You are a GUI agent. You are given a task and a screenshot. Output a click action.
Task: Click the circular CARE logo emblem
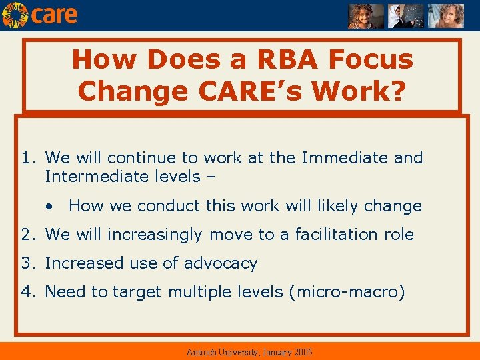coord(15,15)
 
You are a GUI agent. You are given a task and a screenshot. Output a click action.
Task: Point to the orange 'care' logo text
coord(54,15)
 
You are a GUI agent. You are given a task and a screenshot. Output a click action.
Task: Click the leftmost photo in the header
coord(366,16)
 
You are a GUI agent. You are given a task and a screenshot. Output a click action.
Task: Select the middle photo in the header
coord(406,16)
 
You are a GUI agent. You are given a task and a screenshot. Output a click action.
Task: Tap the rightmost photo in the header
coord(445,16)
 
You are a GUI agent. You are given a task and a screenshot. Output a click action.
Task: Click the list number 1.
coord(27,158)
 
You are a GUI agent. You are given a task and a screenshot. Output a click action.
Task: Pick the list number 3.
coord(27,263)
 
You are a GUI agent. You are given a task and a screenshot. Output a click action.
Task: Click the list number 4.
coord(27,292)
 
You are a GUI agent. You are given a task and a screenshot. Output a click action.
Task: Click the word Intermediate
coord(89,177)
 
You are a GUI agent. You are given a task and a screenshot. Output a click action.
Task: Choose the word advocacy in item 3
coord(221,263)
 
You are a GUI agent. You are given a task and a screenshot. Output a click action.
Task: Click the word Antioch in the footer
coord(202,352)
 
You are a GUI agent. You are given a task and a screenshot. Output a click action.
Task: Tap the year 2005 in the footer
coord(301,352)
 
